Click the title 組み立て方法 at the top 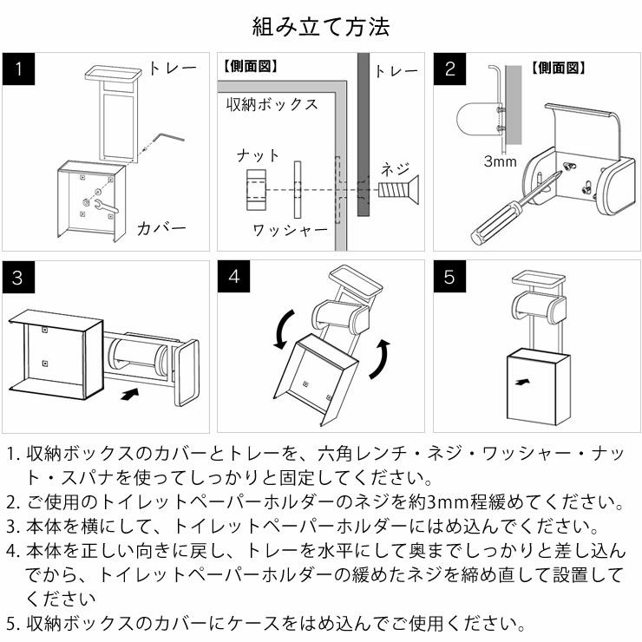320,26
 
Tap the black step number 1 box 18,69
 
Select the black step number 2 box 449,69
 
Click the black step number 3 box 18,278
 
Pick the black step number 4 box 233,278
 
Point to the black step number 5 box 449,278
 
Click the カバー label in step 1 161,229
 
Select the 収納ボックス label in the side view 272,105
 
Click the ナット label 259,156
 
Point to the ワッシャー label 290,230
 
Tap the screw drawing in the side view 398,189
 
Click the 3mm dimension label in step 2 501,161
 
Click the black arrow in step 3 128,395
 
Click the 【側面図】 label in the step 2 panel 558,67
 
